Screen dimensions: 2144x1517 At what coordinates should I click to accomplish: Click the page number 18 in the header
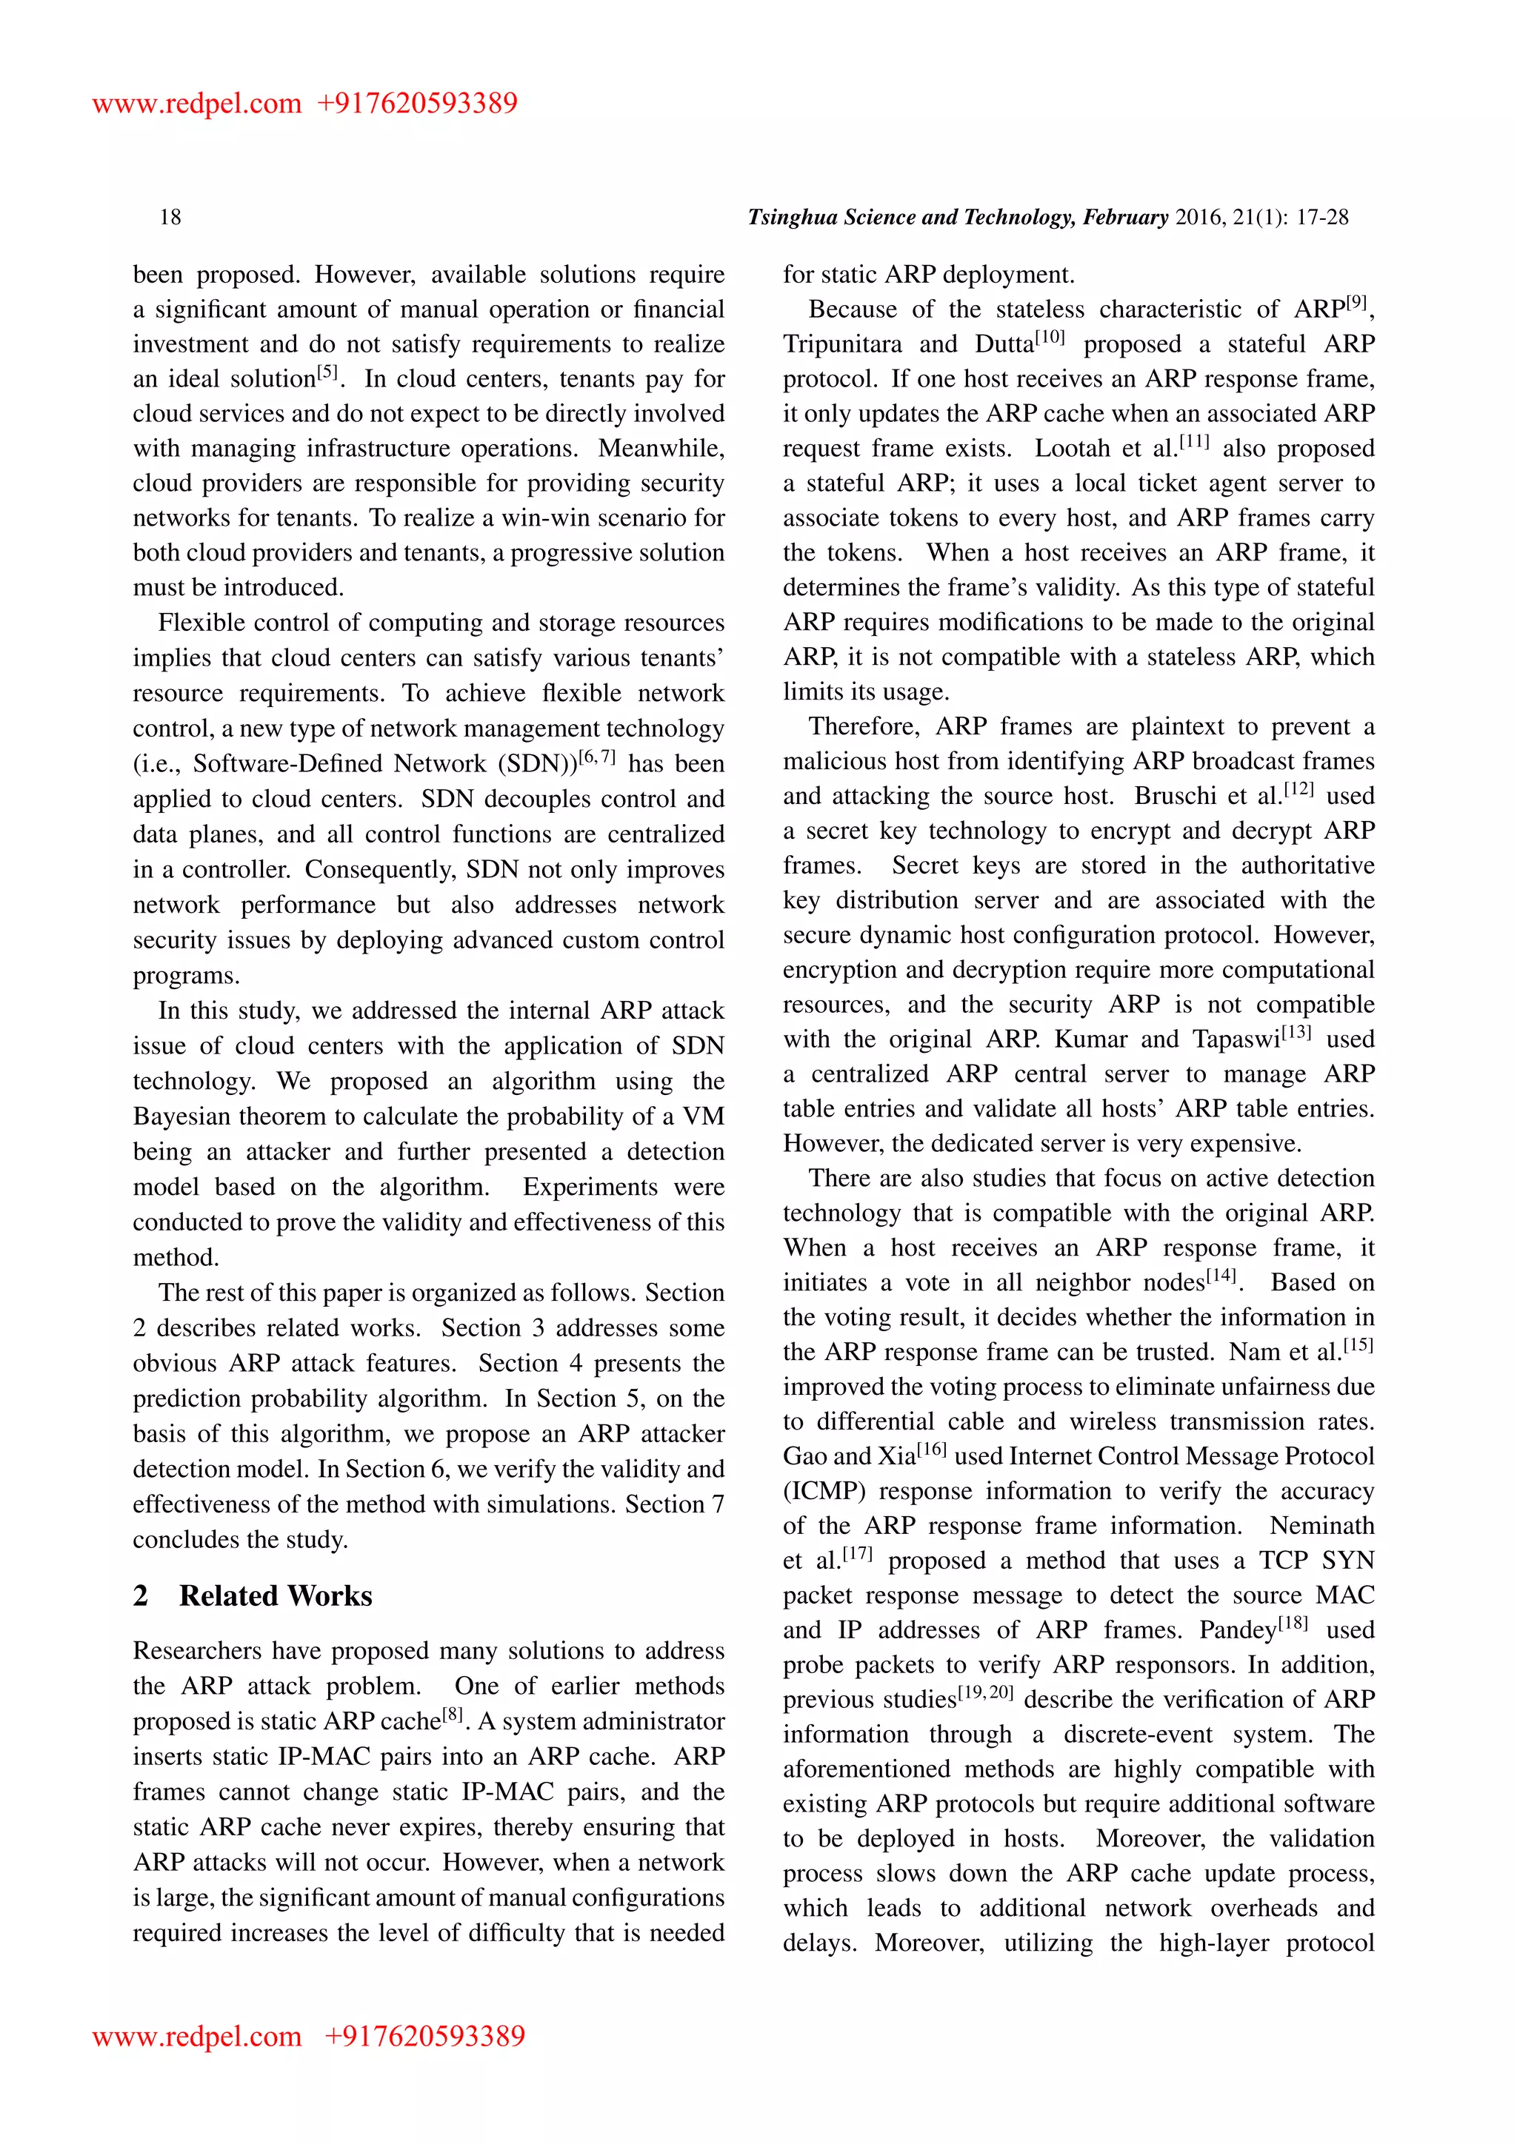170,218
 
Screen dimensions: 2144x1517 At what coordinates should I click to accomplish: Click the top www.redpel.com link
196,103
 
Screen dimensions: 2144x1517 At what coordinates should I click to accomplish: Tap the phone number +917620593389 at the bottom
425,2036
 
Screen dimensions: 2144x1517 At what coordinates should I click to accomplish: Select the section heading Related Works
276,1596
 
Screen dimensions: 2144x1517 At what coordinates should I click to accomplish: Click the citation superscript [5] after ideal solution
327,372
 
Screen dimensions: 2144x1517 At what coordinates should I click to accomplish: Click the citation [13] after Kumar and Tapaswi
1296,1033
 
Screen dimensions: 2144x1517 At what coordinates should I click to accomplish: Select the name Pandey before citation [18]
1237,1630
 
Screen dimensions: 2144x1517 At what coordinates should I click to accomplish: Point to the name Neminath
1321,1526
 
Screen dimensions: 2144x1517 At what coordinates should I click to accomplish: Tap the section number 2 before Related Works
140,1596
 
